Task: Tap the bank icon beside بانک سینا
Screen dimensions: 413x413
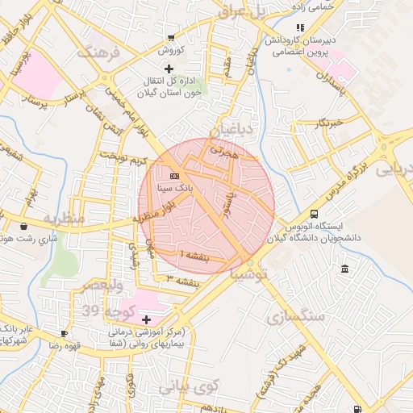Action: coord(175,175)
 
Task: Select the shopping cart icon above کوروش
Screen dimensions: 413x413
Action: coord(171,37)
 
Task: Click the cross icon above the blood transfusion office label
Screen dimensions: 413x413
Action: coord(168,69)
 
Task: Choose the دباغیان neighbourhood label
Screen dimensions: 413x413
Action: coord(232,129)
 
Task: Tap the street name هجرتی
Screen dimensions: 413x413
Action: coord(220,148)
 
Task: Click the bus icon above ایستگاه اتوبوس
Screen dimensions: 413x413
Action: coord(314,214)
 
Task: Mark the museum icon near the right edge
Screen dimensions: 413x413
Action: coord(345,269)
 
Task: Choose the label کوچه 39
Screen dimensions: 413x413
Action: coord(102,311)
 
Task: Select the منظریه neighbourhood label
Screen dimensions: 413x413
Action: coord(63,219)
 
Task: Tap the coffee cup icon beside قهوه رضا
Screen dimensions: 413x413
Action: coord(64,333)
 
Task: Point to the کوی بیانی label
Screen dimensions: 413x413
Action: coord(188,386)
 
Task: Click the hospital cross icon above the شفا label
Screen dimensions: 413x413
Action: coord(146,319)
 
